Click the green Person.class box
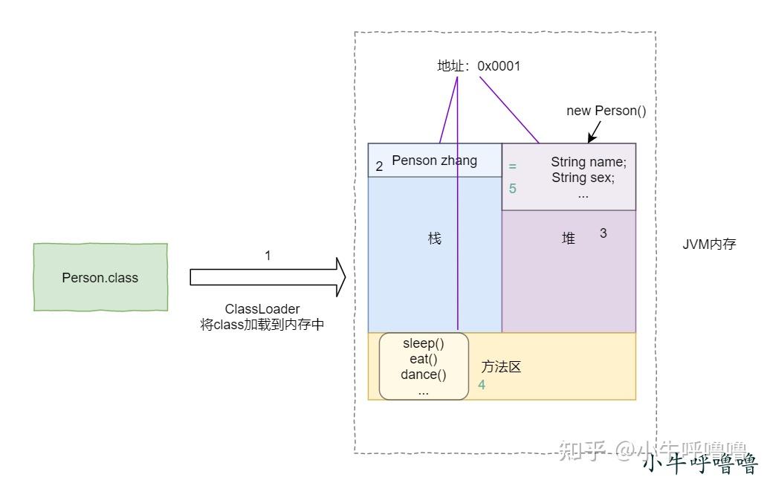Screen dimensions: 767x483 click(x=100, y=276)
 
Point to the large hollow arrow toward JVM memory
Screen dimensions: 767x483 click(x=268, y=277)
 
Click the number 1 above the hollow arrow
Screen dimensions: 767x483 click(x=268, y=255)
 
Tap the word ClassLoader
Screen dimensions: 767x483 click(x=262, y=309)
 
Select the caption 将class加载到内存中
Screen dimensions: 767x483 click(x=262, y=325)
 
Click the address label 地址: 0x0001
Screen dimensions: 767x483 click(x=479, y=66)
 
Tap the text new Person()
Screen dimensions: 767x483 click(x=606, y=111)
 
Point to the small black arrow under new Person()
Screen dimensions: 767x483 click(x=594, y=132)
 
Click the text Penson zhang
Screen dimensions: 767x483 click(x=434, y=161)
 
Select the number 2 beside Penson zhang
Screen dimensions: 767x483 click(x=379, y=166)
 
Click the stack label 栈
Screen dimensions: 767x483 click(x=434, y=239)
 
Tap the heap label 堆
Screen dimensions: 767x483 click(x=569, y=239)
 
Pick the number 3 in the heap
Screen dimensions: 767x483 click(x=603, y=233)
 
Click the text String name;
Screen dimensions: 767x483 click(x=589, y=162)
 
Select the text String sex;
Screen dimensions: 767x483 click(x=583, y=178)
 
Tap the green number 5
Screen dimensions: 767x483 click(x=512, y=188)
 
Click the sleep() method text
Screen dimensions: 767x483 click(x=424, y=343)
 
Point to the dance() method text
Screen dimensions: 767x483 click(x=424, y=375)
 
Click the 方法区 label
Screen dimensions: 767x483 click(x=501, y=366)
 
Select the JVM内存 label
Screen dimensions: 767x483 click(x=709, y=244)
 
